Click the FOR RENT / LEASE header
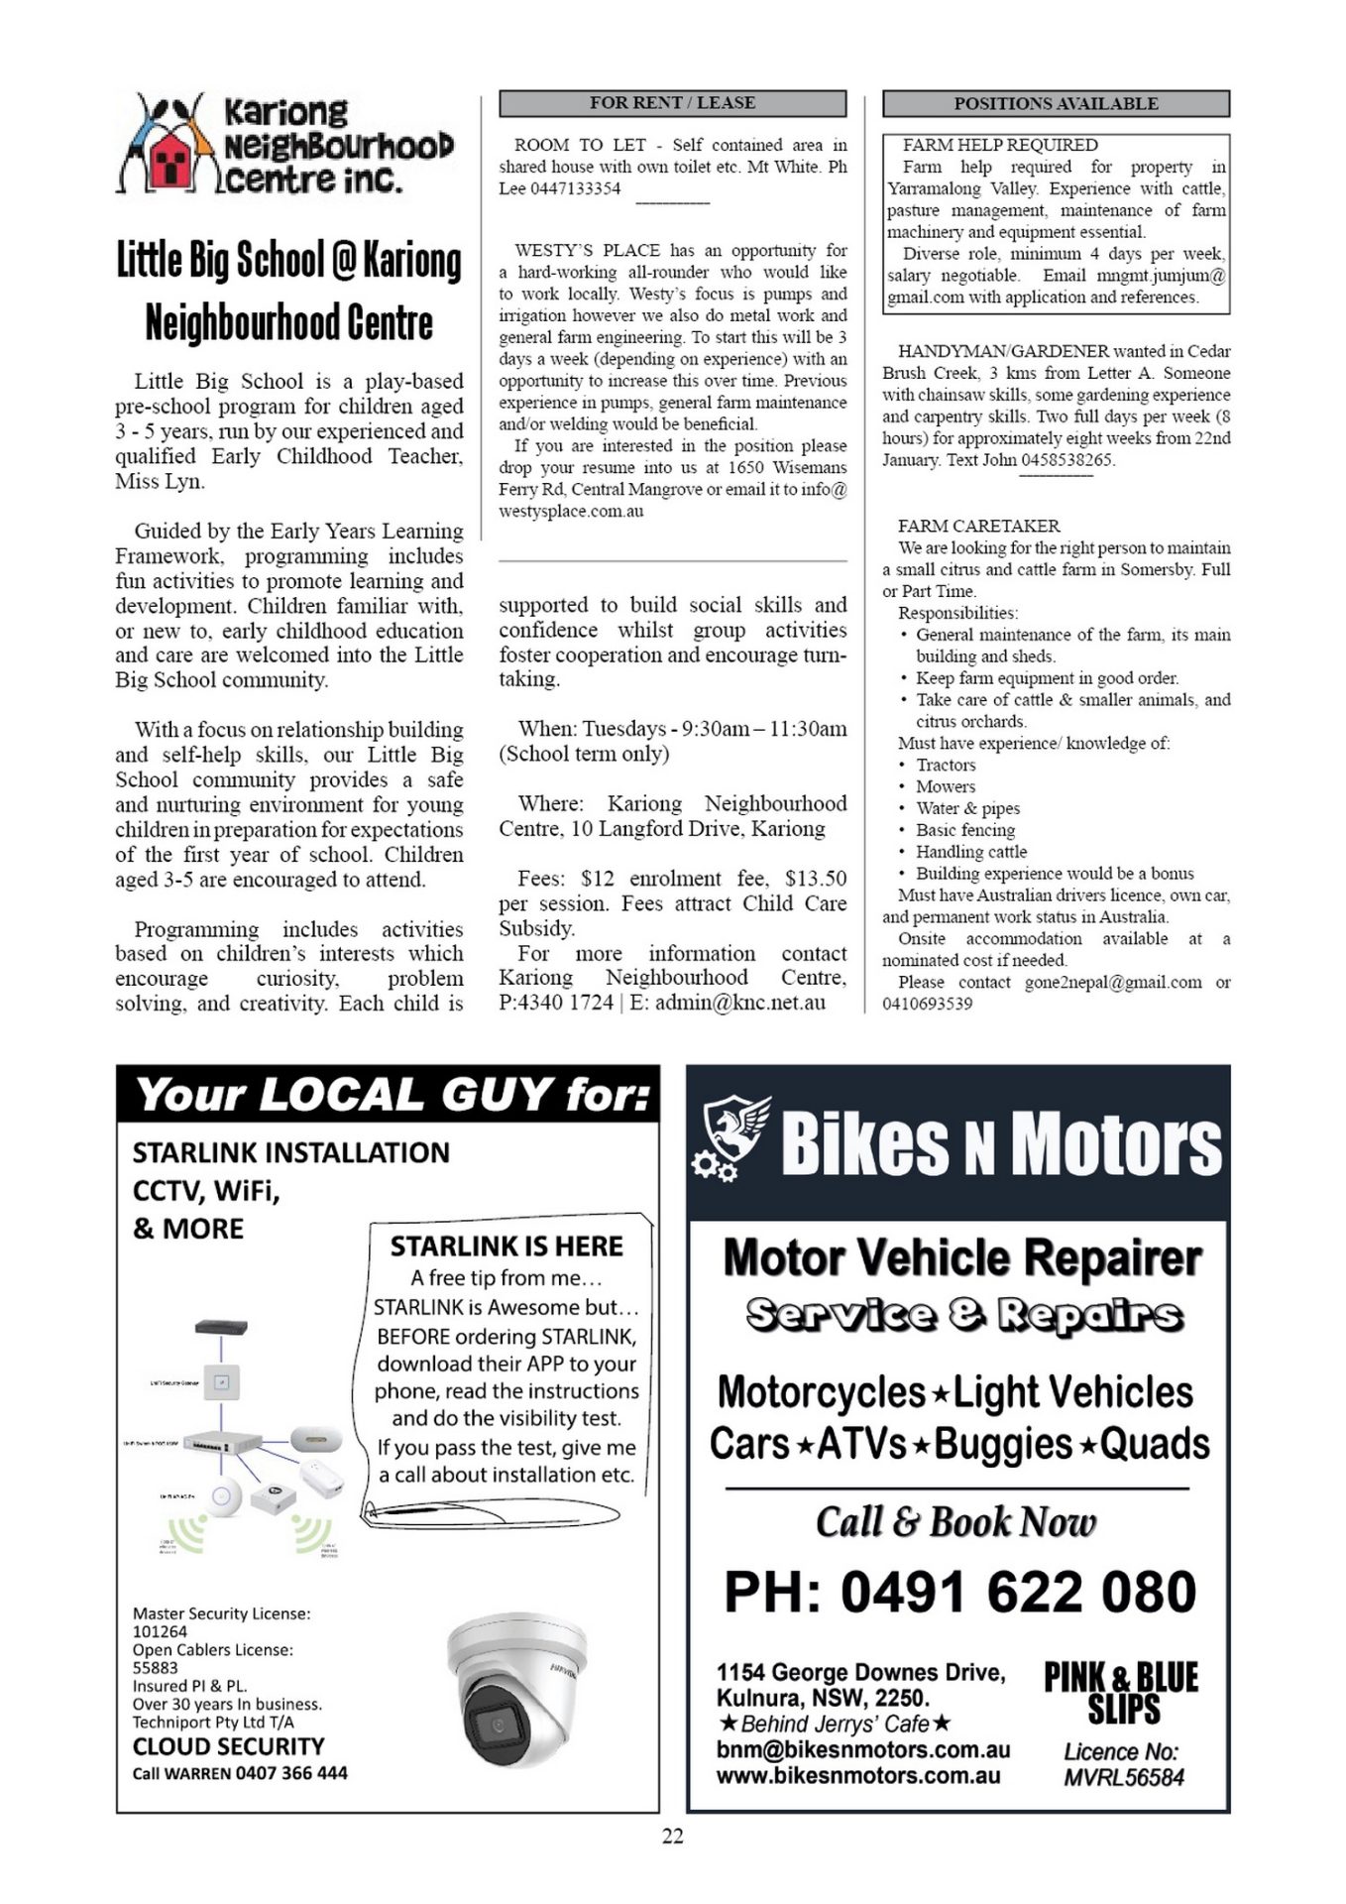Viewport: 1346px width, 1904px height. [672, 103]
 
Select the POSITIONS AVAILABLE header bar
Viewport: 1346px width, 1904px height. [1056, 103]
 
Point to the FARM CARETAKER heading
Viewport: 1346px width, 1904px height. [978, 526]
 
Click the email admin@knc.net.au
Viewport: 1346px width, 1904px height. [739, 1003]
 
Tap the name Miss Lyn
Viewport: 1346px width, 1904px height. [160, 481]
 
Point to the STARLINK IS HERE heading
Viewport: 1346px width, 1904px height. [505, 1246]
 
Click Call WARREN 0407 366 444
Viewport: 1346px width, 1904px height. [240, 1772]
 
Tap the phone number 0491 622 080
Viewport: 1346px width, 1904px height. [959, 1593]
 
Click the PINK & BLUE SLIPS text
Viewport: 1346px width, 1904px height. [1121, 1693]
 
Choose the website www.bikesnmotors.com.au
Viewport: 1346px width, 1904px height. [857, 1775]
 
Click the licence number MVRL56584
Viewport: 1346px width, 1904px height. [1123, 1777]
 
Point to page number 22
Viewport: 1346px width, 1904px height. [672, 1836]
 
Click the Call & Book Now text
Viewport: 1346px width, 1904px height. [955, 1521]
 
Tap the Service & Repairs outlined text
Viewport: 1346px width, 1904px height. [963, 1315]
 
